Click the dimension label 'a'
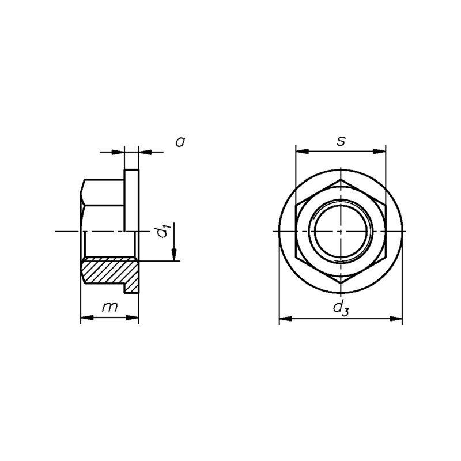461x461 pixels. click(180, 142)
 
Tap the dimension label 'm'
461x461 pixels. click(109, 307)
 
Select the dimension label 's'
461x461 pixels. click(341, 141)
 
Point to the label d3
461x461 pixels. click(341, 308)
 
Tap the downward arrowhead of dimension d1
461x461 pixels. click(174, 255)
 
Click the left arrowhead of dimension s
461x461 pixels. click(302, 152)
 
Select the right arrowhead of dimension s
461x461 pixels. click(379, 152)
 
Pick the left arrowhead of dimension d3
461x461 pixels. click(285, 319)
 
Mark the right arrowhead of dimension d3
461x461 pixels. click(396, 319)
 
